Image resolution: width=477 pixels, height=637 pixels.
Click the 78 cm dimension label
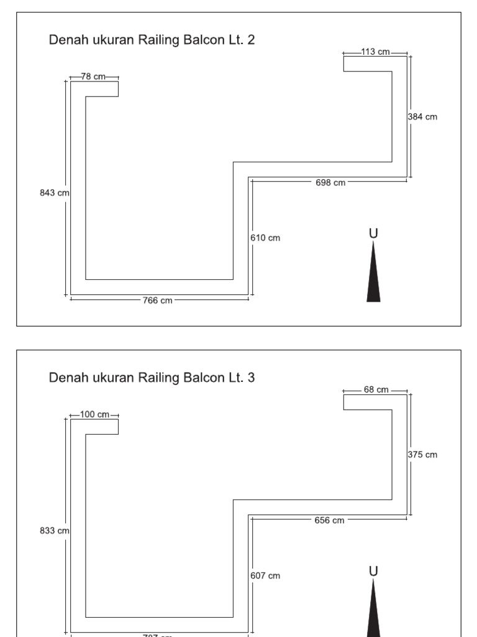click(x=93, y=77)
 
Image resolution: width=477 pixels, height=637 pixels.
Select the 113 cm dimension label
click(x=375, y=52)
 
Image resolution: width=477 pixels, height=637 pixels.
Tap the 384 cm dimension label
click(x=423, y=116)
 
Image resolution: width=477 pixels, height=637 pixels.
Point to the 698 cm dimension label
click(x=330, y=182)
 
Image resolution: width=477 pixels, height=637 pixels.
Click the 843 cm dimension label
click(x=54, y=193)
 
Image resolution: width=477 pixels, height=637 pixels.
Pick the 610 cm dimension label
click(x=266, y=238)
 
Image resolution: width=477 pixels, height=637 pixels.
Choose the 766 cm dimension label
click(x=158, y=300)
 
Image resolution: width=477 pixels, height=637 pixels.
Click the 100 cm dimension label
click(x=94, y=414)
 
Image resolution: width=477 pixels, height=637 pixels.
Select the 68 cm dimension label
click(x=376, y=389)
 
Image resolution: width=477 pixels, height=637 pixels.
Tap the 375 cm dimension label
click(x=423, y=454)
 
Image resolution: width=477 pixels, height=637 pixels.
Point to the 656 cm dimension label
click(x=330, y=520)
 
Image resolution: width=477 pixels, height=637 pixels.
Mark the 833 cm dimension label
click(x=54, y=531)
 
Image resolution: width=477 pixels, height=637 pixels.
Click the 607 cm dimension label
click(x=266, y=575)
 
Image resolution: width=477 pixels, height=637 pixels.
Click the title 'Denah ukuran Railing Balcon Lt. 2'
click(x=152, y=40)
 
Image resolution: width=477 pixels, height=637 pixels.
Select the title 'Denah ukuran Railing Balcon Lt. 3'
click(x=152, y=378)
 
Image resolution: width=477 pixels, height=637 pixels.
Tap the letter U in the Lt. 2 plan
click(x=373, y=233)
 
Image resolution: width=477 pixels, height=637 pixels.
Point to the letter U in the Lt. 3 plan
click(x=373, y=571)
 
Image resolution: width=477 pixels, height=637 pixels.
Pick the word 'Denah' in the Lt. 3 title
click(x=66, y=378)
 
